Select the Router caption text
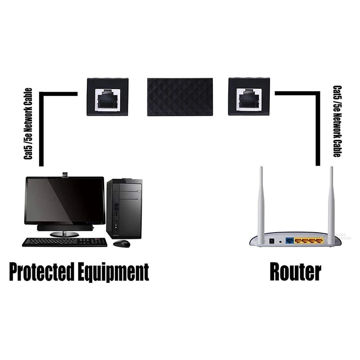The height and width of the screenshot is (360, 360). click(x=295, y=272)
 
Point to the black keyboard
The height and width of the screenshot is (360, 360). click(x=65, y=242)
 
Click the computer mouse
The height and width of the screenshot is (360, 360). click(x=121, y=243)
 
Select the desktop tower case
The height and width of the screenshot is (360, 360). click(x=124, y=208)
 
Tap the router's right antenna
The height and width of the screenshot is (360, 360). click(x=331, y=202)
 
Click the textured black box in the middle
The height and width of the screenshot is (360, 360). click(x=180, y=97)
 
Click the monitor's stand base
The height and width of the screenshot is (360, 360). click(x=64, y=234)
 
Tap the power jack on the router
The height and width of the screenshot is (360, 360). click(x=271, y=241)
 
